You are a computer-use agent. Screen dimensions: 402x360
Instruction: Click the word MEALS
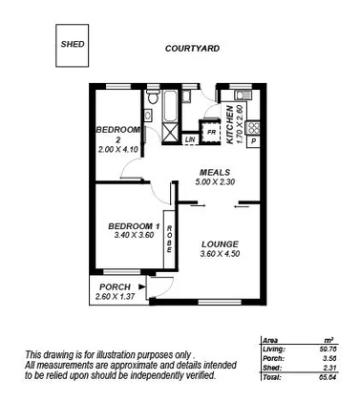point(212,174)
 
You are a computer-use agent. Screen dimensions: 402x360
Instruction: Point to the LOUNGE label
point(219,243)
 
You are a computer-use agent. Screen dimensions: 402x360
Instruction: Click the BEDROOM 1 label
point(131,226)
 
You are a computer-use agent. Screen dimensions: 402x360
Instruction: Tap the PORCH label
point(114,286)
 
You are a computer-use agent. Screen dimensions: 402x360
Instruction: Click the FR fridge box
point(211,132)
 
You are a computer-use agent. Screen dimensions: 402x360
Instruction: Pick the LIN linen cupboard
point(191,140)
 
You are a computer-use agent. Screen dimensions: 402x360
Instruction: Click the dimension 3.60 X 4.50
point(219,254)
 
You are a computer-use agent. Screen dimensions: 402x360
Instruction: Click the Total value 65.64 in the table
point(328,378)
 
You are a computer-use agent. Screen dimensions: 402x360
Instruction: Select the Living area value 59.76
point(328,352)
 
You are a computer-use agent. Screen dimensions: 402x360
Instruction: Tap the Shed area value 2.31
point(329,370)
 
